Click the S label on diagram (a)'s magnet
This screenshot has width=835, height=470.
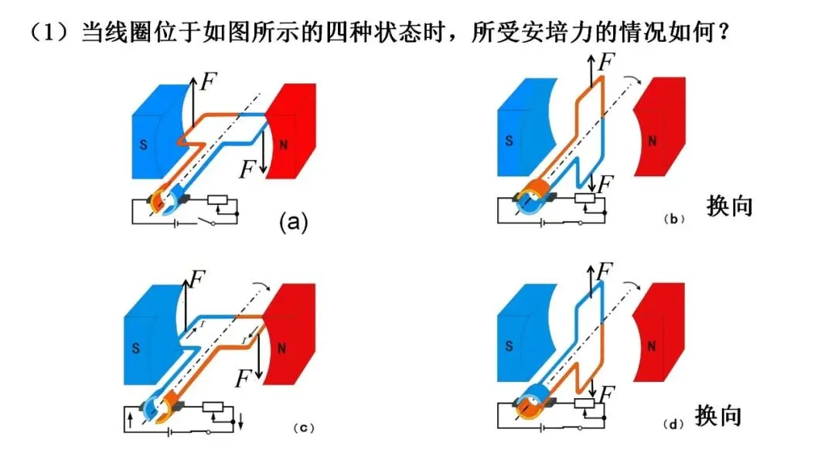[x=143, y=145]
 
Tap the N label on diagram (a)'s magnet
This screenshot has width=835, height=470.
[x=284, y=145]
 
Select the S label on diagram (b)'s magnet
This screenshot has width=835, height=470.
[x=509, y=141]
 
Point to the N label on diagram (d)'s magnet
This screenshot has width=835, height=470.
[x=651, y=346]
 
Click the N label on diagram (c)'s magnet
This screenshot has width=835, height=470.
[x=281, y=349]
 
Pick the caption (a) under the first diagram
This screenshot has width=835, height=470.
[x=294, y=221]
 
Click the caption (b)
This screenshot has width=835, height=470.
[x=673, y=219]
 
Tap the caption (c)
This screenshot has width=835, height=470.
[x=304, y=428]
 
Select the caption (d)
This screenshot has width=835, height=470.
[x=673, y=424]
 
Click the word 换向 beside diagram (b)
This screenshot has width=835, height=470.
[x=730, y=206]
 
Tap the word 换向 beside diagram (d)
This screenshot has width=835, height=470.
[x=718, y=415]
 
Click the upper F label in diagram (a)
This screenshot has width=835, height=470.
[x=208, y=82]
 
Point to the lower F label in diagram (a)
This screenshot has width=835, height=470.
[x=247, y=170]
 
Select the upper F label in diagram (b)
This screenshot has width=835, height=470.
[x=606, y=62]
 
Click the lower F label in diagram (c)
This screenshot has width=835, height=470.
[x=244, y=379]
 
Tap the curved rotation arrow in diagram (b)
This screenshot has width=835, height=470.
[x=632, y=80]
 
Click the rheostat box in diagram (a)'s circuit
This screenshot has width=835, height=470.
[x=217, y=200]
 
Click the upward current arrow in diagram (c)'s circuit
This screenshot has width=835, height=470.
[x=131, y=421]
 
